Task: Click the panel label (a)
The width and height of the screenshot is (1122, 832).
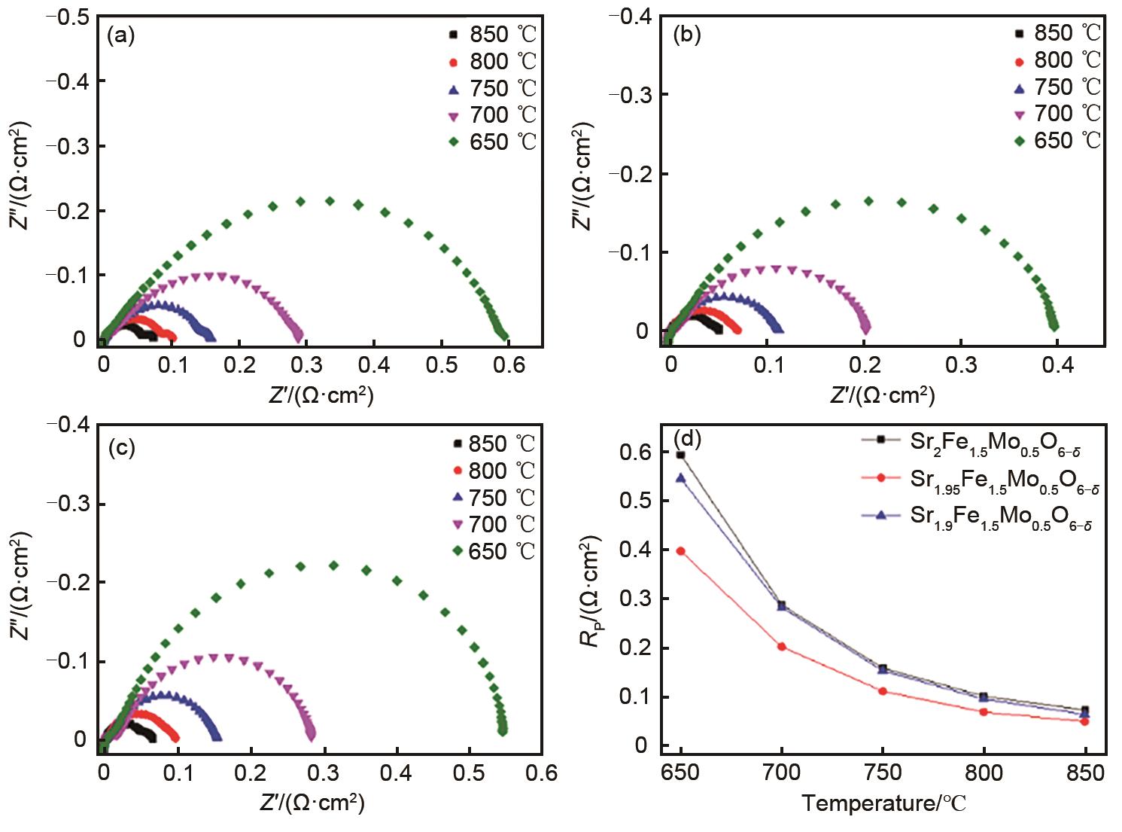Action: point(121,35)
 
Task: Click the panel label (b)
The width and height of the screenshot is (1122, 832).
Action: point(686,35)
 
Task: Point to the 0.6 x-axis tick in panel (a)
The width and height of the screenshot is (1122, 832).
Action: point(509,364)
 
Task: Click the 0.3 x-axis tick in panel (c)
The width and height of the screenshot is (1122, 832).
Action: point(323,773)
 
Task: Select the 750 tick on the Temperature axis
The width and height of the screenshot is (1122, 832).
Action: point(883,773)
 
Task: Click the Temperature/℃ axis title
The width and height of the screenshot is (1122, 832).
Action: point(883,803)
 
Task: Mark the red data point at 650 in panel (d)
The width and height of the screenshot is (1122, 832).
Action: point(681,551)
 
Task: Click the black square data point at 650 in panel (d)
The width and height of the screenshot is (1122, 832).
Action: point(681,455)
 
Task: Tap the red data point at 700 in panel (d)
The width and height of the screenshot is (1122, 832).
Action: point(782,647)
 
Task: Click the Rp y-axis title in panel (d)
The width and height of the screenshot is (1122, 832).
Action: point(591,592)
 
